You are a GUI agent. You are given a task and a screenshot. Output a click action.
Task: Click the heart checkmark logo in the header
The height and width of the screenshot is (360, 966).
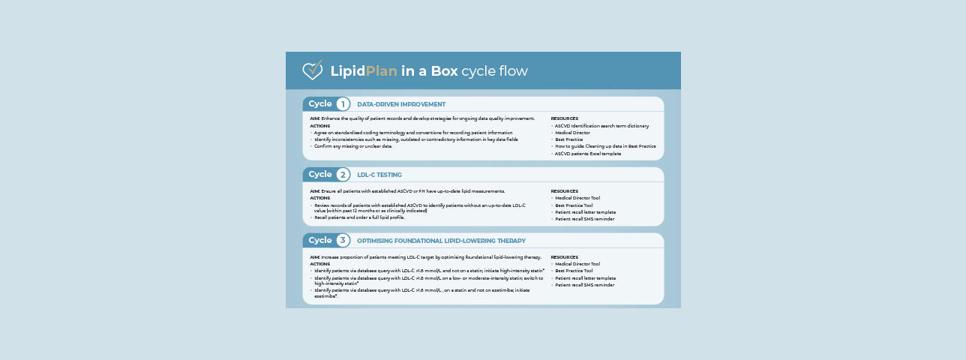coord(312,70)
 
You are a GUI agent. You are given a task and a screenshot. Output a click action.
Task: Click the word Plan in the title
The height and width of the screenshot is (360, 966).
coord(381,71)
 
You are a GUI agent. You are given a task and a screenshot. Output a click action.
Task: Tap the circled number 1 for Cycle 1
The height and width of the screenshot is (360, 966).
coord(343,104)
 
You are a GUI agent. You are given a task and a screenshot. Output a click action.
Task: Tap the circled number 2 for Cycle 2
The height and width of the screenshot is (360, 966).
coord(343,175)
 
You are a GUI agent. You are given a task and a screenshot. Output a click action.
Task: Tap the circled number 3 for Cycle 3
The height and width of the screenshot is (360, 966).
coord(343,241)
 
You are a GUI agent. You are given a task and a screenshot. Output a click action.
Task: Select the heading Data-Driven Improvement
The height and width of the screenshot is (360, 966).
coord(401,104)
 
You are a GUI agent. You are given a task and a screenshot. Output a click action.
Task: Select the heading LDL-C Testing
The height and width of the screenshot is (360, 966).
coord(379,175)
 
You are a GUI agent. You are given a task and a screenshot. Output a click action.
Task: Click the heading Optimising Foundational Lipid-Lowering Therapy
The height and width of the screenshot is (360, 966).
coord(441,241)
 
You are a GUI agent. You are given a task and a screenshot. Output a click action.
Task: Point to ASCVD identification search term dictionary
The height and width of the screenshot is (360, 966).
coord(601,126)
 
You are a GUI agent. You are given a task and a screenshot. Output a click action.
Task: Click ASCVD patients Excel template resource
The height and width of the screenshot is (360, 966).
coord(588,153)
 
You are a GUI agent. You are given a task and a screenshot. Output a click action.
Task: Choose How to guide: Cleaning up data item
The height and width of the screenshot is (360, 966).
coord(605,146)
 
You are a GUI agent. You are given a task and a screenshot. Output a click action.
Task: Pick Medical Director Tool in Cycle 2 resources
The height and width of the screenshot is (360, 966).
coord(577,198)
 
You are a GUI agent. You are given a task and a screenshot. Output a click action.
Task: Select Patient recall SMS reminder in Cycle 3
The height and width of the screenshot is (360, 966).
coord(584,285)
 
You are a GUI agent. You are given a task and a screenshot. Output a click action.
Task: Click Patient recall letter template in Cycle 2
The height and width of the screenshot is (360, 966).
coord(585,212)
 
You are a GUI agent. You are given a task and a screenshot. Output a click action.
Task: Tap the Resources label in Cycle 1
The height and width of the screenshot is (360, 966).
coord(564,118)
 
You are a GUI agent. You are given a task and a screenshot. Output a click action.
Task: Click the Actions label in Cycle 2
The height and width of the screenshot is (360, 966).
coord(319,198)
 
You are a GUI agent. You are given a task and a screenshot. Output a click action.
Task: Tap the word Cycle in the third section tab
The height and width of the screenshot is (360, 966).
coord(319,241)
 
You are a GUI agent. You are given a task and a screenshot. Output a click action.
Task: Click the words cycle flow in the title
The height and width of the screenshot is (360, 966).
coord(494,71)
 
